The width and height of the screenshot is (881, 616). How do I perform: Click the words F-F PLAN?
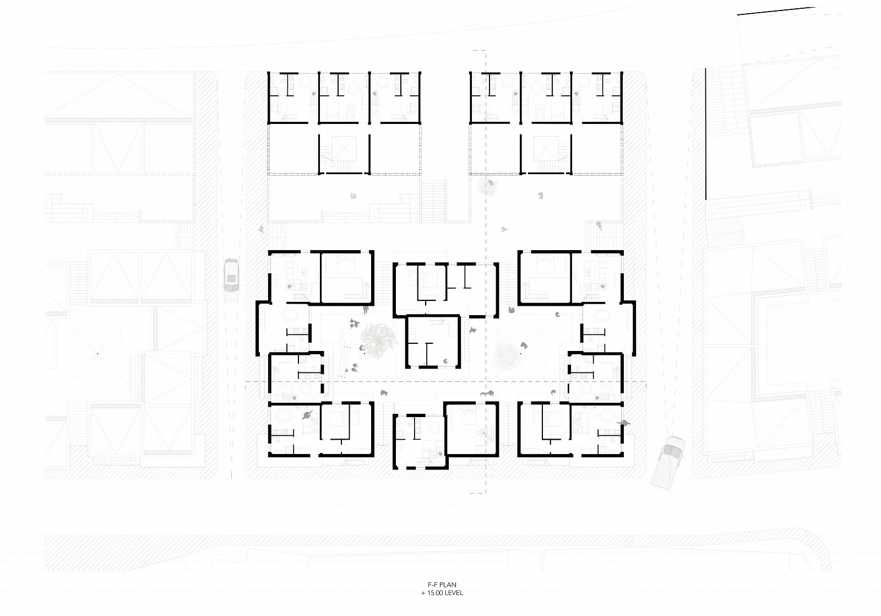[443, 585]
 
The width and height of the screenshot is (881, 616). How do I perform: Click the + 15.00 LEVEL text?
[442, 593]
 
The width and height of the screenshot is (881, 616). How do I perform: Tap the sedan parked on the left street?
[231, 280]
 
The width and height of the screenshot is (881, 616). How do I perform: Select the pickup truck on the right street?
[668, 462]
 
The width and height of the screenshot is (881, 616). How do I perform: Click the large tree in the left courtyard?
[378, 338]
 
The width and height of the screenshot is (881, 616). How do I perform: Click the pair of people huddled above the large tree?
[355, 323]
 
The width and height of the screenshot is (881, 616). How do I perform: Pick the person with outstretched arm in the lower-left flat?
[308, 414]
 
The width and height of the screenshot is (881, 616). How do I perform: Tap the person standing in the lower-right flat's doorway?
[624, 423]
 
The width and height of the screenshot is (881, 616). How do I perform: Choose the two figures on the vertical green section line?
[487, 393]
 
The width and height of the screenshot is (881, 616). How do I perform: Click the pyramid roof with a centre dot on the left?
[97, 354]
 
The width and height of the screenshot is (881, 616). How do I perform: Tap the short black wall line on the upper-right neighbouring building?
[705, 134]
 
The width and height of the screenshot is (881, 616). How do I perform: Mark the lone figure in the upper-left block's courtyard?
[353, 195]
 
